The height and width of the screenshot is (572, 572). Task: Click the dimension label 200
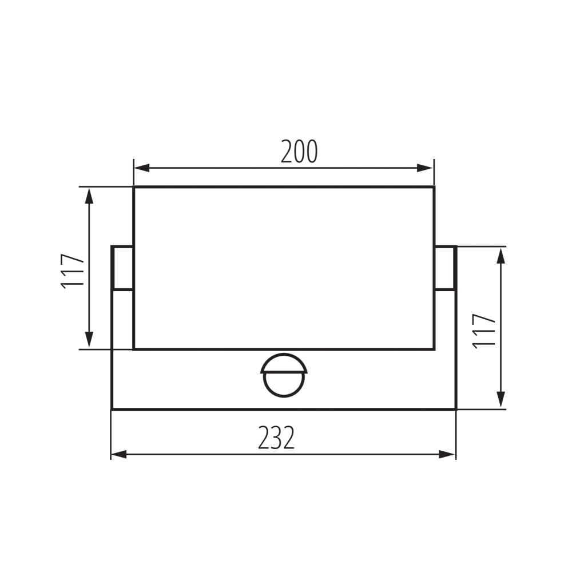(x=299, y=152)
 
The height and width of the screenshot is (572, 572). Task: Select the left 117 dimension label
(x=74, y=271)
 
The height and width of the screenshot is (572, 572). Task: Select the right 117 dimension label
(x=484, y=330)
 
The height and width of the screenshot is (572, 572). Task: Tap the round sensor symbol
(x=284, y=375)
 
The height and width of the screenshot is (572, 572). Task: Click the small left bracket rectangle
(x=122, y=268)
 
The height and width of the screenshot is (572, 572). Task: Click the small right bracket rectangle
(x=445, y=268)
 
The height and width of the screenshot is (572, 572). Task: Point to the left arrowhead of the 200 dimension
(x=141, y=168)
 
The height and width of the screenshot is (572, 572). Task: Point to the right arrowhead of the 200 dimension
(x=427, y=168)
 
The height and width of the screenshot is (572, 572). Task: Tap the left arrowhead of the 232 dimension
(x=118, y=455)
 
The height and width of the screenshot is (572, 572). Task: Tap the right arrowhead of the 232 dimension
(x=448, y=455)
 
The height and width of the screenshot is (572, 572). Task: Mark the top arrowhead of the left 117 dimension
(x=89, y=194)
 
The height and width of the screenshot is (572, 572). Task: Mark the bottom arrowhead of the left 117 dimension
(x=89, y=341)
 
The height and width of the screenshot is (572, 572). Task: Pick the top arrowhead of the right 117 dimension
(x=501, y=255)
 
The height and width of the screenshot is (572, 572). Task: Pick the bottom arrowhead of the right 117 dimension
(x=501, y=401)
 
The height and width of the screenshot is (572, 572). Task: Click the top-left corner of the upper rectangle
(x=134, y=186)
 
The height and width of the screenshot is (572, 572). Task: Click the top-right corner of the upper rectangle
(x=434, y=186)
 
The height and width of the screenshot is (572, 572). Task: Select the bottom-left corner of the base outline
(x=112, y=409)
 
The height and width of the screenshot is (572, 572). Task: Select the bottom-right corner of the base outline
(x=456, y=409)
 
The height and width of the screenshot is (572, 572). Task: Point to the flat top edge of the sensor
(x=284, y=372)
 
